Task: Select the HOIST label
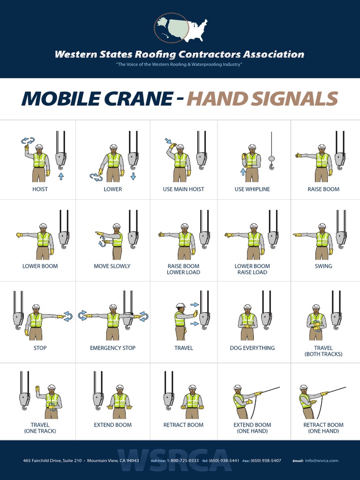click(40, 189)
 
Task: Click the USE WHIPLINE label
click(252, 189)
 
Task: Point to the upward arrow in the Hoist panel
click(61, 176)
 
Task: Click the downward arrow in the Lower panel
click(133, 176)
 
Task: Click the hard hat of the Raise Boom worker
click(322, 147)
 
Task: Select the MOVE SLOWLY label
click(112, 266)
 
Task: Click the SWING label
click(323, 266)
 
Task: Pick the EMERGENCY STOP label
click(112, 348)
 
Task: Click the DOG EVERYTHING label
click(252, 348)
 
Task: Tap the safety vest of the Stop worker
click(36, 320)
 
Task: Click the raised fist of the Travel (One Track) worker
click(38, 389)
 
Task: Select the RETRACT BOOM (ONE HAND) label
click(323, 428)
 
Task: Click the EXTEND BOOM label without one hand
click(112, 425)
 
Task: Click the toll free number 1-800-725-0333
click(182, 461)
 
